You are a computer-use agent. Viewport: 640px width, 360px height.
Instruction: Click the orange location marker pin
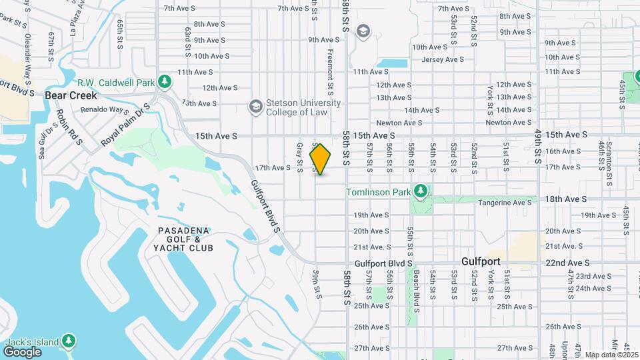(321, 159)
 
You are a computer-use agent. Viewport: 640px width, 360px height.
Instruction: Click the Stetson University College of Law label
(294, 107)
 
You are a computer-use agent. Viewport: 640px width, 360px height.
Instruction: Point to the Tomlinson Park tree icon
(420, 192)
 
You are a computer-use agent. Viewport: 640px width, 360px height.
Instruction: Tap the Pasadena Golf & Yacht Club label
(185, 239)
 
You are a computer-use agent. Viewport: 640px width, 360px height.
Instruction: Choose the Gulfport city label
(481, 261)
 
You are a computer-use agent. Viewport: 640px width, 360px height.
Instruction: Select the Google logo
(22, 351)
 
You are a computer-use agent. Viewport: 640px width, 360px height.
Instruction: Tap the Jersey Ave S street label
(443, 59)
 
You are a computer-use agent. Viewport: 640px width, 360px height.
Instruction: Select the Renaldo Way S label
(110, 109)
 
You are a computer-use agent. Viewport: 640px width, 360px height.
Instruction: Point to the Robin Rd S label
(69, 127)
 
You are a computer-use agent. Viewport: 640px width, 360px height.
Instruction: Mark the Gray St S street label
(300, 156)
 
